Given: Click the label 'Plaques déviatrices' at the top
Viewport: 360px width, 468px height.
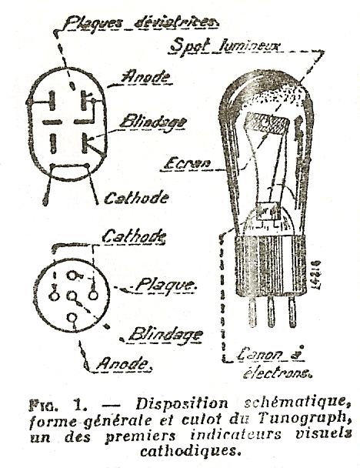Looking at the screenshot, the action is (141, 23).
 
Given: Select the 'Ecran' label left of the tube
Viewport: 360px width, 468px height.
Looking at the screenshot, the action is (187, 163).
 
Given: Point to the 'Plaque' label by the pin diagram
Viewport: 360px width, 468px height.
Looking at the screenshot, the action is (165, 285).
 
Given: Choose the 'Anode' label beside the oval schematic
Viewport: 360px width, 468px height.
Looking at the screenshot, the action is (146, 76).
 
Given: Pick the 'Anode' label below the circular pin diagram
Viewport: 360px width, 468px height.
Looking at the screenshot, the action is (123, 363).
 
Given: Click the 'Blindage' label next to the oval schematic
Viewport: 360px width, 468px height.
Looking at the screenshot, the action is (153, 122).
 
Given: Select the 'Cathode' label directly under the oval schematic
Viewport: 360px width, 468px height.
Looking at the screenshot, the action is (136, 198).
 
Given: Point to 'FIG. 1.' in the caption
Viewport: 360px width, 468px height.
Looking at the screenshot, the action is (58, 405).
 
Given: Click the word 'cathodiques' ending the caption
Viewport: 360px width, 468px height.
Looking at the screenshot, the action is (191, 450).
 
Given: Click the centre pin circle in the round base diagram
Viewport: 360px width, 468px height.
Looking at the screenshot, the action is (72, 296).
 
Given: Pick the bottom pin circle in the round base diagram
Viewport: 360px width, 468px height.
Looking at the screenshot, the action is (72, 318).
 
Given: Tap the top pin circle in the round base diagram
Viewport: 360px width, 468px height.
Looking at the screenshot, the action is (72, 276).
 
